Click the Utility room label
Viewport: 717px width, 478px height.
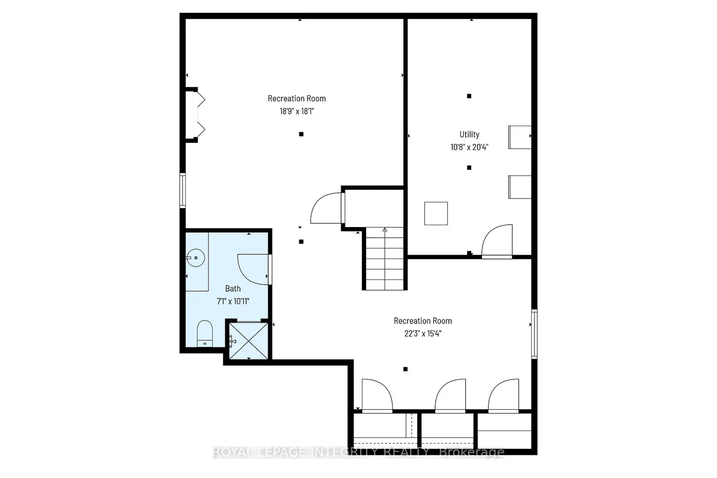469,134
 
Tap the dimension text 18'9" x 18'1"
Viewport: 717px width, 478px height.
297,111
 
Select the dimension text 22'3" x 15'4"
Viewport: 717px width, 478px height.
423,334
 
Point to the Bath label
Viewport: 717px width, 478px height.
233,288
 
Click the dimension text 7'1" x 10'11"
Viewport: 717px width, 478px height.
233,301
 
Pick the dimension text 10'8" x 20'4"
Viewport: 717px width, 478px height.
469,147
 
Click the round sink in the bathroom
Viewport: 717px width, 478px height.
196,258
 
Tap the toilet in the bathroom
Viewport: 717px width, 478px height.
205,333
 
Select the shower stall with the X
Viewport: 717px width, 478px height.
249,341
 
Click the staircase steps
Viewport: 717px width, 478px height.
384,259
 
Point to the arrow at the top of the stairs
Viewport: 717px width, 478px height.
385,229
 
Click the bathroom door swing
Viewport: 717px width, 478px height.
253,270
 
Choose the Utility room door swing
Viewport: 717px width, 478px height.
497,241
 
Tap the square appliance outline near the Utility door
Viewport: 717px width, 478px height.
436,213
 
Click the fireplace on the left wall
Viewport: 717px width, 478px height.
196,115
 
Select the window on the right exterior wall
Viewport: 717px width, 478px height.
534,334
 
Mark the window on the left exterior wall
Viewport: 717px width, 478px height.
183,190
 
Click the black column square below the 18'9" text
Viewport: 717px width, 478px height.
301,134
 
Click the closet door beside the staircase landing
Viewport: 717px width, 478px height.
326,208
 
